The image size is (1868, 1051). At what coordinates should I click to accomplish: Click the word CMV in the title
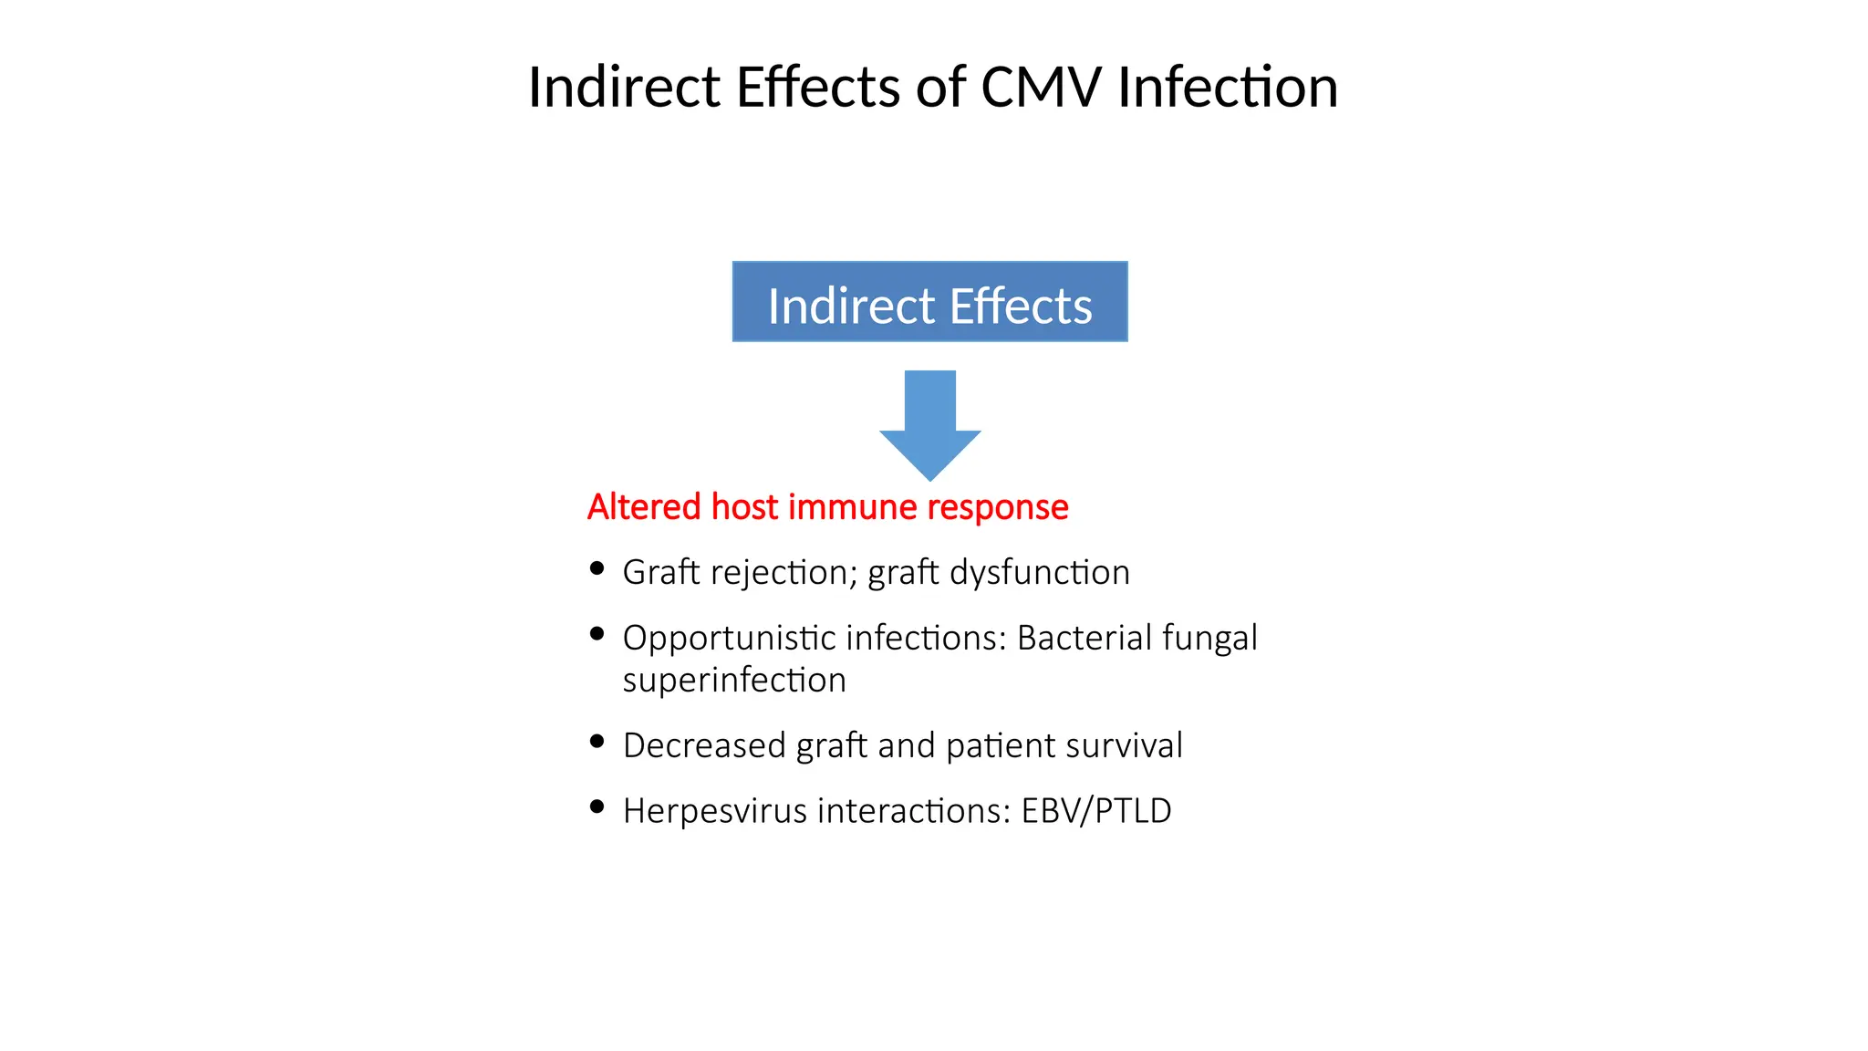[1041, 88]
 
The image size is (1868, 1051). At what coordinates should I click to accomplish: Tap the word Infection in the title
[1228, 88]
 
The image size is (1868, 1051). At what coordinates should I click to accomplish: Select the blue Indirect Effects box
[929, 302]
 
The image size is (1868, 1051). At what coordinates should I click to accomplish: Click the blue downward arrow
[929, 424]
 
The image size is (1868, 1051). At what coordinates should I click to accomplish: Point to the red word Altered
[644, 507]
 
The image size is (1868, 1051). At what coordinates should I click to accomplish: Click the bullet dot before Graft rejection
[597, 569]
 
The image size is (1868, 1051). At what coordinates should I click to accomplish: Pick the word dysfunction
[1040, 573]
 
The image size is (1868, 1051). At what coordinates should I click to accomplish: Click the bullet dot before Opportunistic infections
[597, 634]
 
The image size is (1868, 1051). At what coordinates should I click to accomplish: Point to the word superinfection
[734, 681]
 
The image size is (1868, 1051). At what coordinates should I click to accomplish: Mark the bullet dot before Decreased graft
[597, 742]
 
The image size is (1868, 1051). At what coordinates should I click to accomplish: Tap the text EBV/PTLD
[1096, 811]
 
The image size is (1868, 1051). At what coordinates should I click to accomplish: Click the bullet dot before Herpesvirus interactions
[597, 806]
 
